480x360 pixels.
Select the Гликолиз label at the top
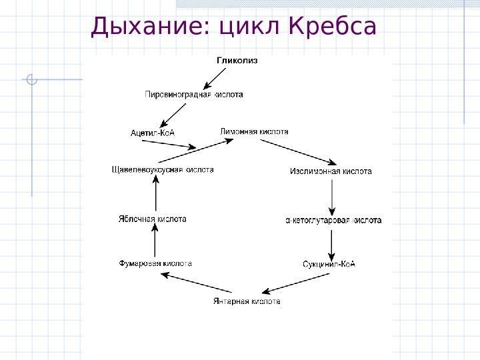coord(237,60)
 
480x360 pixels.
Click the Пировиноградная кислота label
coord(194,95)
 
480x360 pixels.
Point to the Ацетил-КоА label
coord(152,133)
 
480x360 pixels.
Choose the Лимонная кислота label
coord(254,132)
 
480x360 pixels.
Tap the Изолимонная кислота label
coord(331,171)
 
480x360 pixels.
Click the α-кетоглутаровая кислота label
coord(333,219)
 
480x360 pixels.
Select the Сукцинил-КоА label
coord(329,263)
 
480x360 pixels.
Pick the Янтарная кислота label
coord(247,301)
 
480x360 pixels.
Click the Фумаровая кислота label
coord(155,263)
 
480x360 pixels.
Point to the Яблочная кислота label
coord(153,219)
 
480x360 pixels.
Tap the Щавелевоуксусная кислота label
coord(163,170)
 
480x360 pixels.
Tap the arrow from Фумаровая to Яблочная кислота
coord(155,241)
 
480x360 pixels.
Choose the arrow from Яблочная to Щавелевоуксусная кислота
coord(155,195)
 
